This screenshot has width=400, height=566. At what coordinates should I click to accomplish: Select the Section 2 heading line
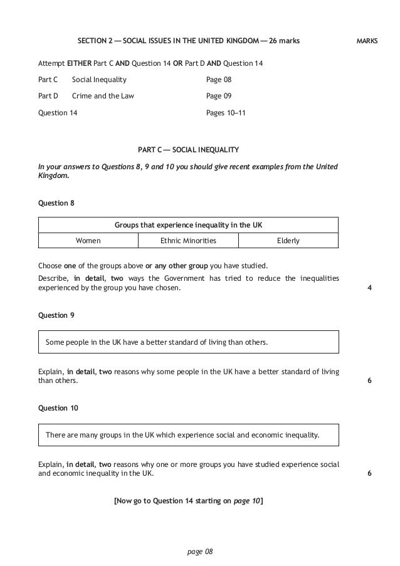188,41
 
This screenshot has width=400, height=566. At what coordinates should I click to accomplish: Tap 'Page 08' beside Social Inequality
219,80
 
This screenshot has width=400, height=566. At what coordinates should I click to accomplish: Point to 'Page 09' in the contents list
219,96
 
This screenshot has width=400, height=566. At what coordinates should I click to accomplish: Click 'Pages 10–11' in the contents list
226,112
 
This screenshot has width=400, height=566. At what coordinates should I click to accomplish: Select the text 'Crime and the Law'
103,96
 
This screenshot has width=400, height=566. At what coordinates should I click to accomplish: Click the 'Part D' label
48,96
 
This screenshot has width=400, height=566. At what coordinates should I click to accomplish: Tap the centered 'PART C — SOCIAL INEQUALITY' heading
188,150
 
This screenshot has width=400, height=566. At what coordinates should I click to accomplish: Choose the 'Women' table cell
88,240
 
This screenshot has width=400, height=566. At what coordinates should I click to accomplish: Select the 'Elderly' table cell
288,240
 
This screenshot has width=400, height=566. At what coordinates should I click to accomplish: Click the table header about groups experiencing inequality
188,224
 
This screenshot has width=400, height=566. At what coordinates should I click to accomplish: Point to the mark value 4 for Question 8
369,288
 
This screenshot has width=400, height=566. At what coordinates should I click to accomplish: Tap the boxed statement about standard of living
188,342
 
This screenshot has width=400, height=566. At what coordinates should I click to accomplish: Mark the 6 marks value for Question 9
369,380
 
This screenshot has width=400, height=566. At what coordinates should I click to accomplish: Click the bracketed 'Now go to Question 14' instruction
188,501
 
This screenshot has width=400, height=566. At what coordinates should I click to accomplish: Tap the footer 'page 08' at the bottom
201,551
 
